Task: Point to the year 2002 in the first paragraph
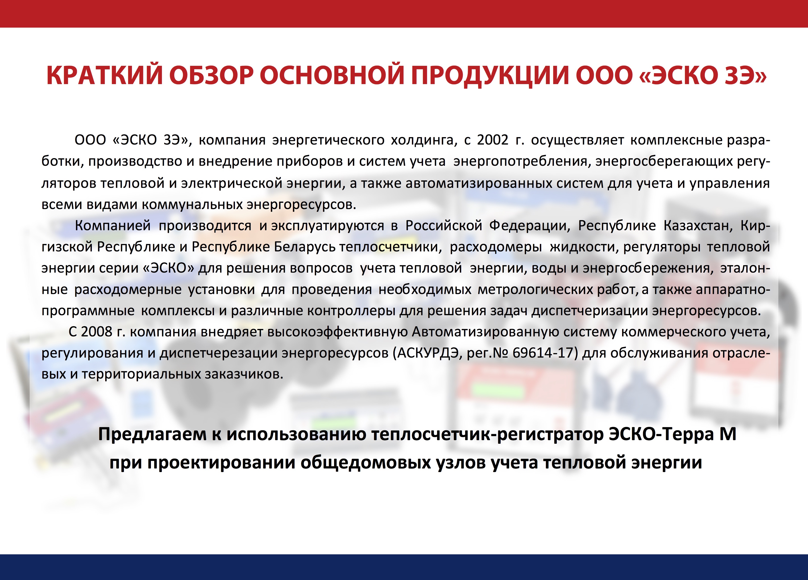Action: [x=492, y=140]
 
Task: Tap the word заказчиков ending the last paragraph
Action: [x=244, y=374]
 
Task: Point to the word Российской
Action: [x=444, y=226]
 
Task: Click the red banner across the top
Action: [x=404, y=14]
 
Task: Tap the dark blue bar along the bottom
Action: [x=404, y=567]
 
